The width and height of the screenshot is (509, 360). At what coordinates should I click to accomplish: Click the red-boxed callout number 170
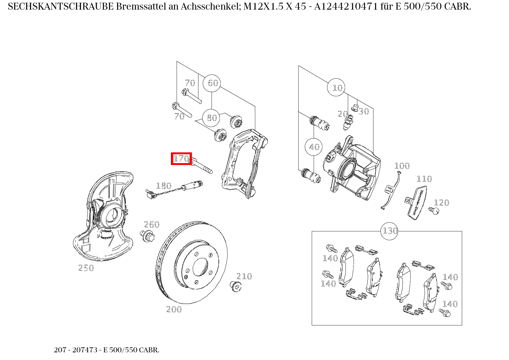coord(181,159)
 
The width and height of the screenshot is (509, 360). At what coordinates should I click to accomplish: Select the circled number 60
coord(212,83)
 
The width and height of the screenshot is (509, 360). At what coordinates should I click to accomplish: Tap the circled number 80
coord(212,118)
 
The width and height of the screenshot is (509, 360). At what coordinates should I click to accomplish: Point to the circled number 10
coord(336,88)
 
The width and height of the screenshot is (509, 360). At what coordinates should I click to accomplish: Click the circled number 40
coord(314,147)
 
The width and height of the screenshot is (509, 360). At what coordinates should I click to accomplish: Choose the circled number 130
coord(389,231)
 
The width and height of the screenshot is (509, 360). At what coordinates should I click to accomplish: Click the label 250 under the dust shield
coord(86,268)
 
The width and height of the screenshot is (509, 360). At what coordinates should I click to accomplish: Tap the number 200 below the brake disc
coord(174,309)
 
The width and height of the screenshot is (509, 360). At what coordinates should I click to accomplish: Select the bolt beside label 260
coord(147,236)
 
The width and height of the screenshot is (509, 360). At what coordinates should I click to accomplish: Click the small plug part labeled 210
coord(235,286)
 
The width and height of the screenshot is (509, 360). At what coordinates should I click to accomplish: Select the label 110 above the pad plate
coord(424,179)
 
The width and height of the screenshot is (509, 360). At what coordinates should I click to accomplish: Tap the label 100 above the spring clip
coord(402,166)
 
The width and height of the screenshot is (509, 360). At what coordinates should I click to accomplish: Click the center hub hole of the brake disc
coord(200,267)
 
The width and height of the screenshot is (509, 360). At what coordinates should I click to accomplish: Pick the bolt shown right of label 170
coord(201,166)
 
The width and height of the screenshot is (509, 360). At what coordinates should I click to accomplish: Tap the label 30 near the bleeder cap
coord(363,111)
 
